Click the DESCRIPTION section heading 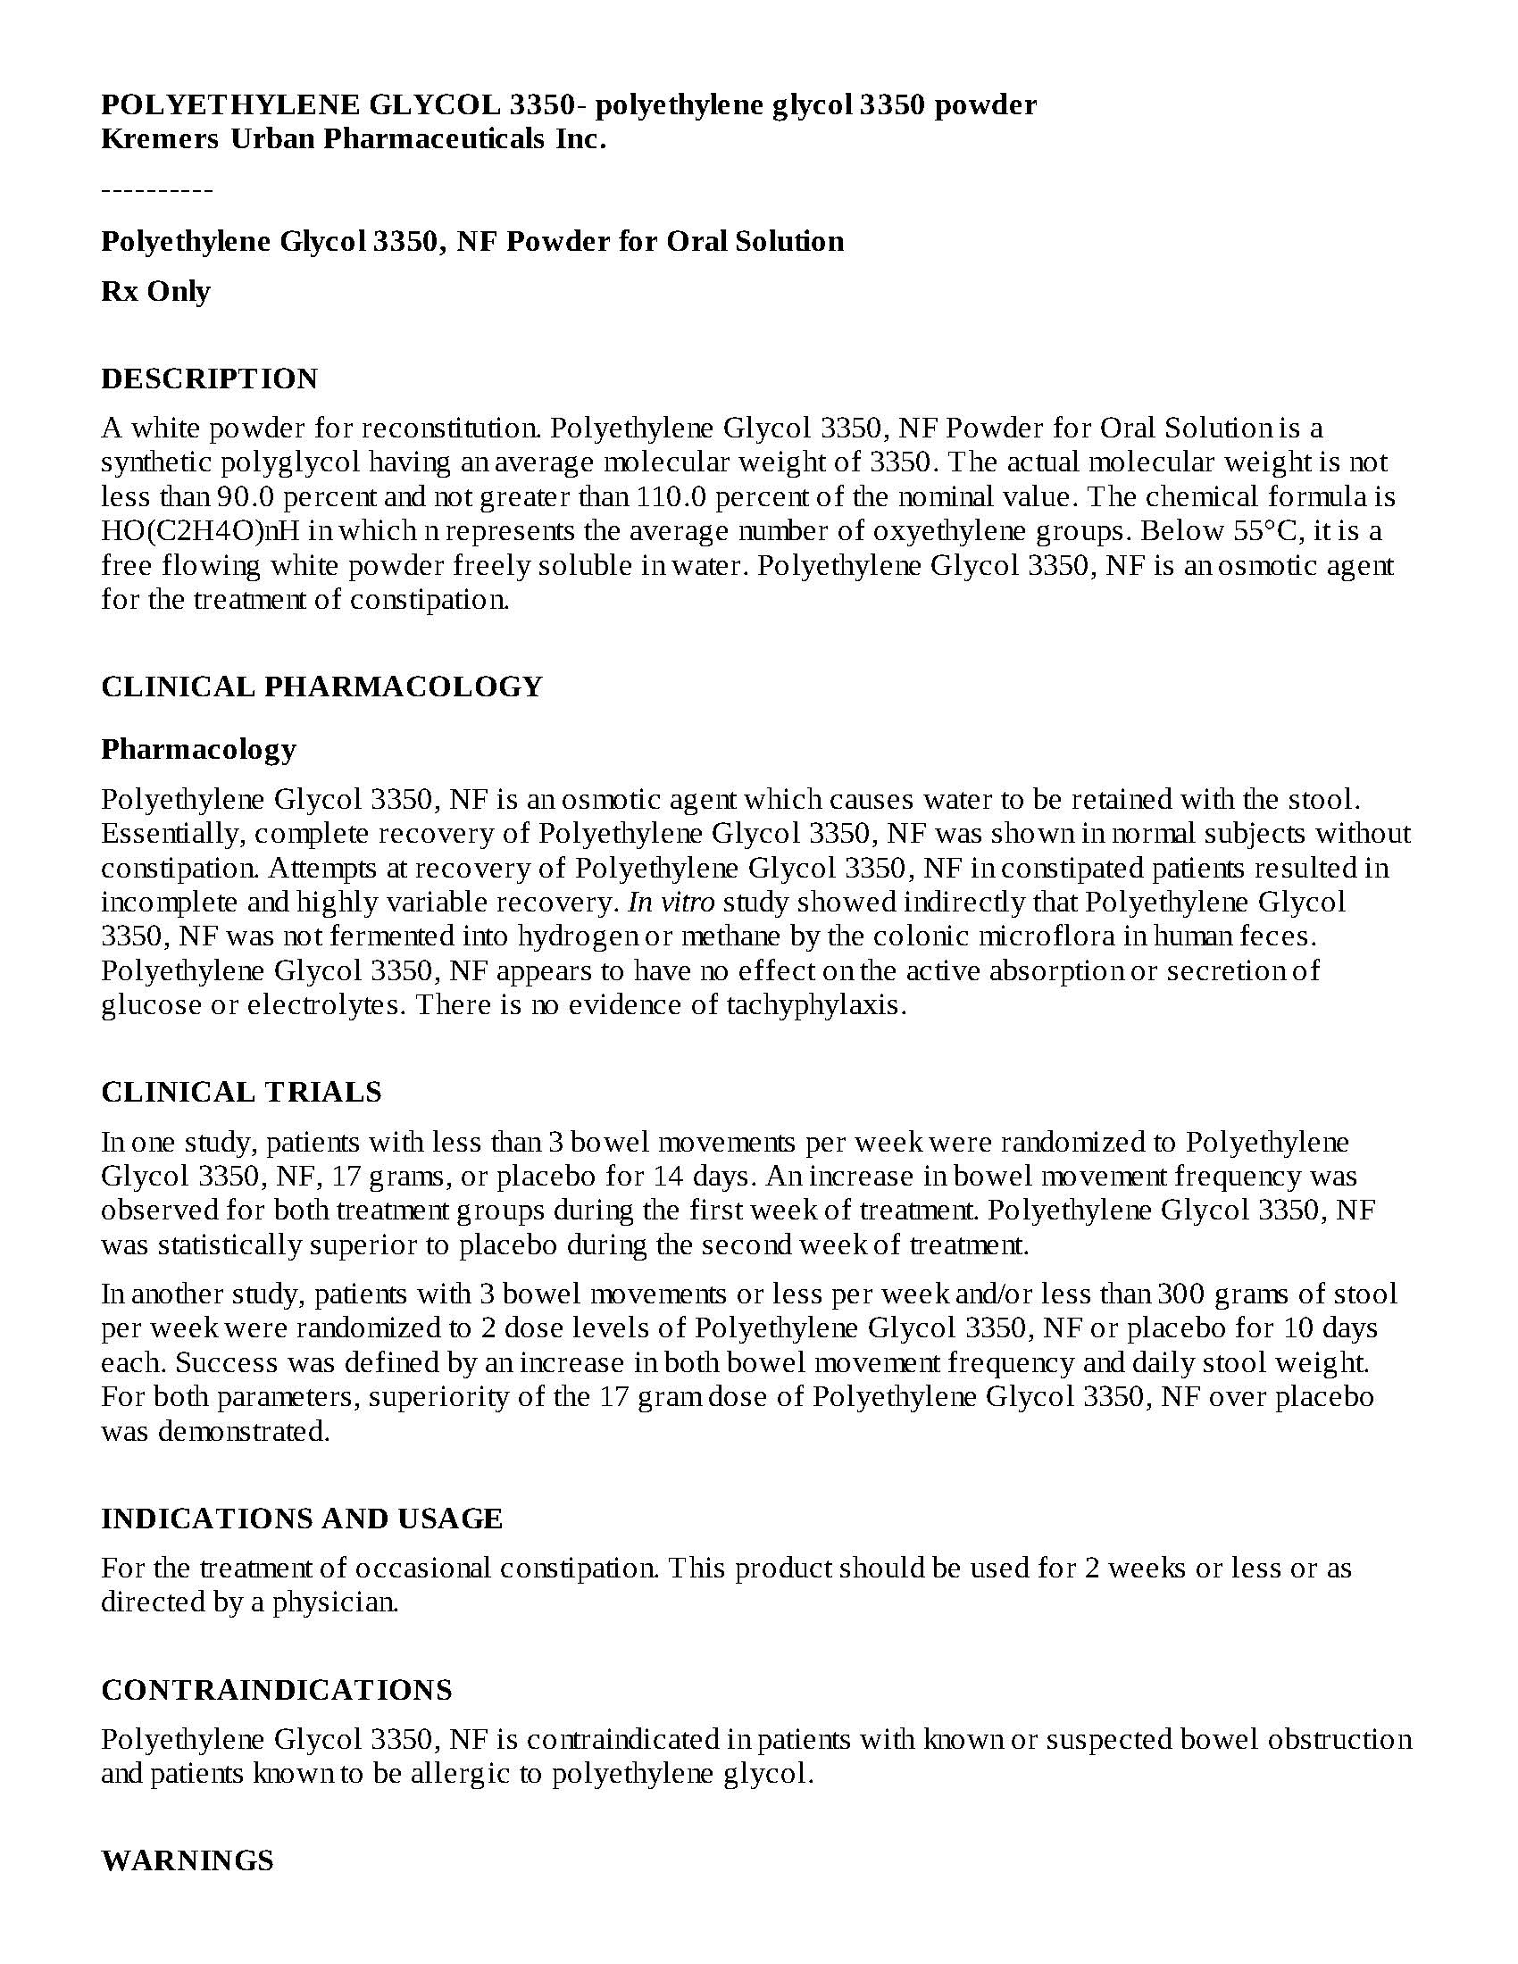[x=210, y=379]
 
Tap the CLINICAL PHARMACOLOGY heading [x=322, y=687]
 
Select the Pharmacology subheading [x=199, y=749]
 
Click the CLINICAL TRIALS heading [x=241, y=1092]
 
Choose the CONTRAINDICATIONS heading [x=277, y=1690]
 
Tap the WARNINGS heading [x=187, y=1860]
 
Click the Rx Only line [x=155, y=291]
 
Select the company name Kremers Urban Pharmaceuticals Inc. [x=354, y=139]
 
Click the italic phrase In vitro [x=671, y=902]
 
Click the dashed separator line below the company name [x=157, y=190]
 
